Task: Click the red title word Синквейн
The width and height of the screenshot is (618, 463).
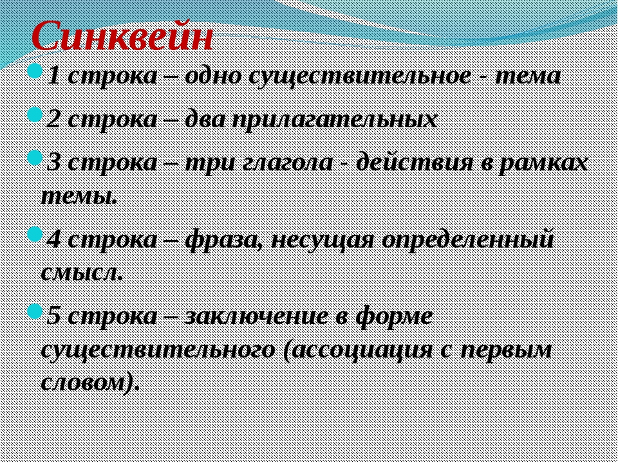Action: point(122,37)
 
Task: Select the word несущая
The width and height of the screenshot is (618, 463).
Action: point(323,241)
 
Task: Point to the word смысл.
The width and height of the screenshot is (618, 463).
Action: point(81,273)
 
